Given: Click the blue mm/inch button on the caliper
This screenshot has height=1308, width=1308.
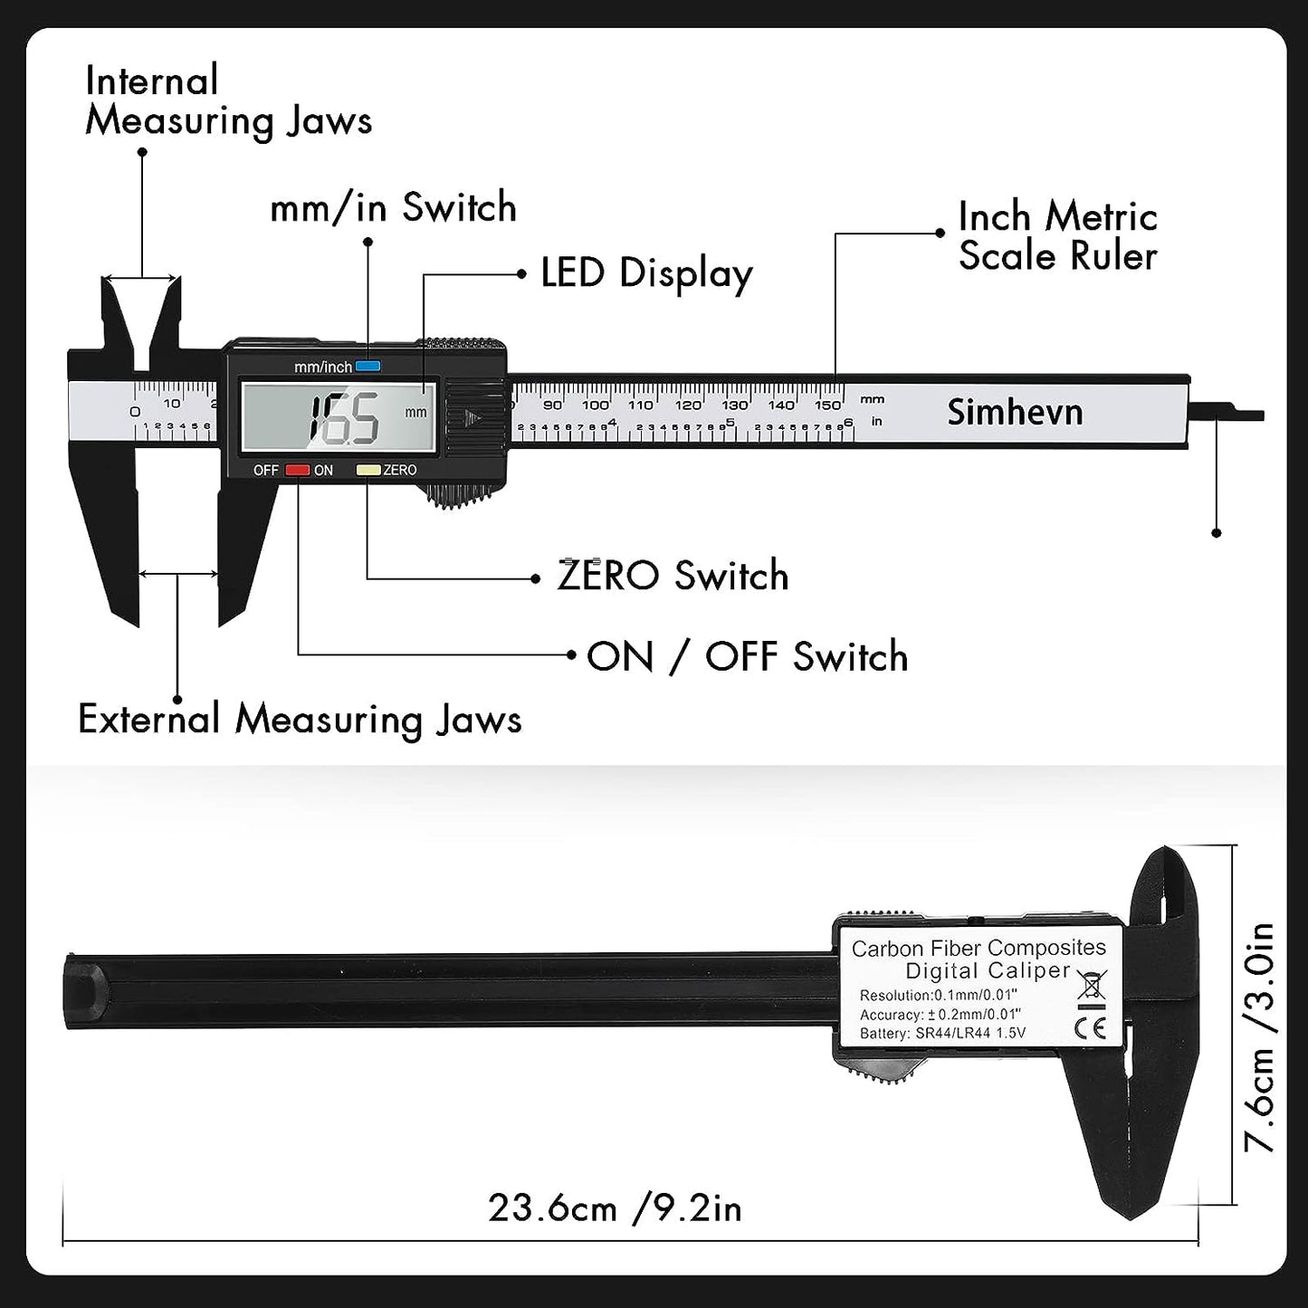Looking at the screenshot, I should click(368, 367).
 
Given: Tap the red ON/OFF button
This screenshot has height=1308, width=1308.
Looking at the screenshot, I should click(298, 470).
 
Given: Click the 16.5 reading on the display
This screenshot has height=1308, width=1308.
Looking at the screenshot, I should click(345, 419).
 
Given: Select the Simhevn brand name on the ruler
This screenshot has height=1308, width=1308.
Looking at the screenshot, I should click(1015, 413).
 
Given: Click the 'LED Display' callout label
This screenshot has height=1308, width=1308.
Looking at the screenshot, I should click(646, 273).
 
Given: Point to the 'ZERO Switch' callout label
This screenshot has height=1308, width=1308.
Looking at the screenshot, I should click(673, 576).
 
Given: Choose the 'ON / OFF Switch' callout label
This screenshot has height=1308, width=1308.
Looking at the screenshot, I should click(747, 656).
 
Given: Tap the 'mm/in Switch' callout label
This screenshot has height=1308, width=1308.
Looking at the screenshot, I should click(393, 207).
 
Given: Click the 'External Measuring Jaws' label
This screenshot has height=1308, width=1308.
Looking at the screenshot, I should click(300, 720).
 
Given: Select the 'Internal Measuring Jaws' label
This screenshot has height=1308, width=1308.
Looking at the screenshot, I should click(228, 100).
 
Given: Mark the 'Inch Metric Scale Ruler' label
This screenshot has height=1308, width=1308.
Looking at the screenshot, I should click(1057, 236).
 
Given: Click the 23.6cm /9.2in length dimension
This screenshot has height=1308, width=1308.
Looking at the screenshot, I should click(615, 1208).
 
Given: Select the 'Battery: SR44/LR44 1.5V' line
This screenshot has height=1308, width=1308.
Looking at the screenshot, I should click(942, 1033).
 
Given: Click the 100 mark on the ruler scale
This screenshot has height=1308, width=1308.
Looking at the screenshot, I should click(596, 405).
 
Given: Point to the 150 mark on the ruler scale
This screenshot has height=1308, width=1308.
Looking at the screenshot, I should click(827, 405).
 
